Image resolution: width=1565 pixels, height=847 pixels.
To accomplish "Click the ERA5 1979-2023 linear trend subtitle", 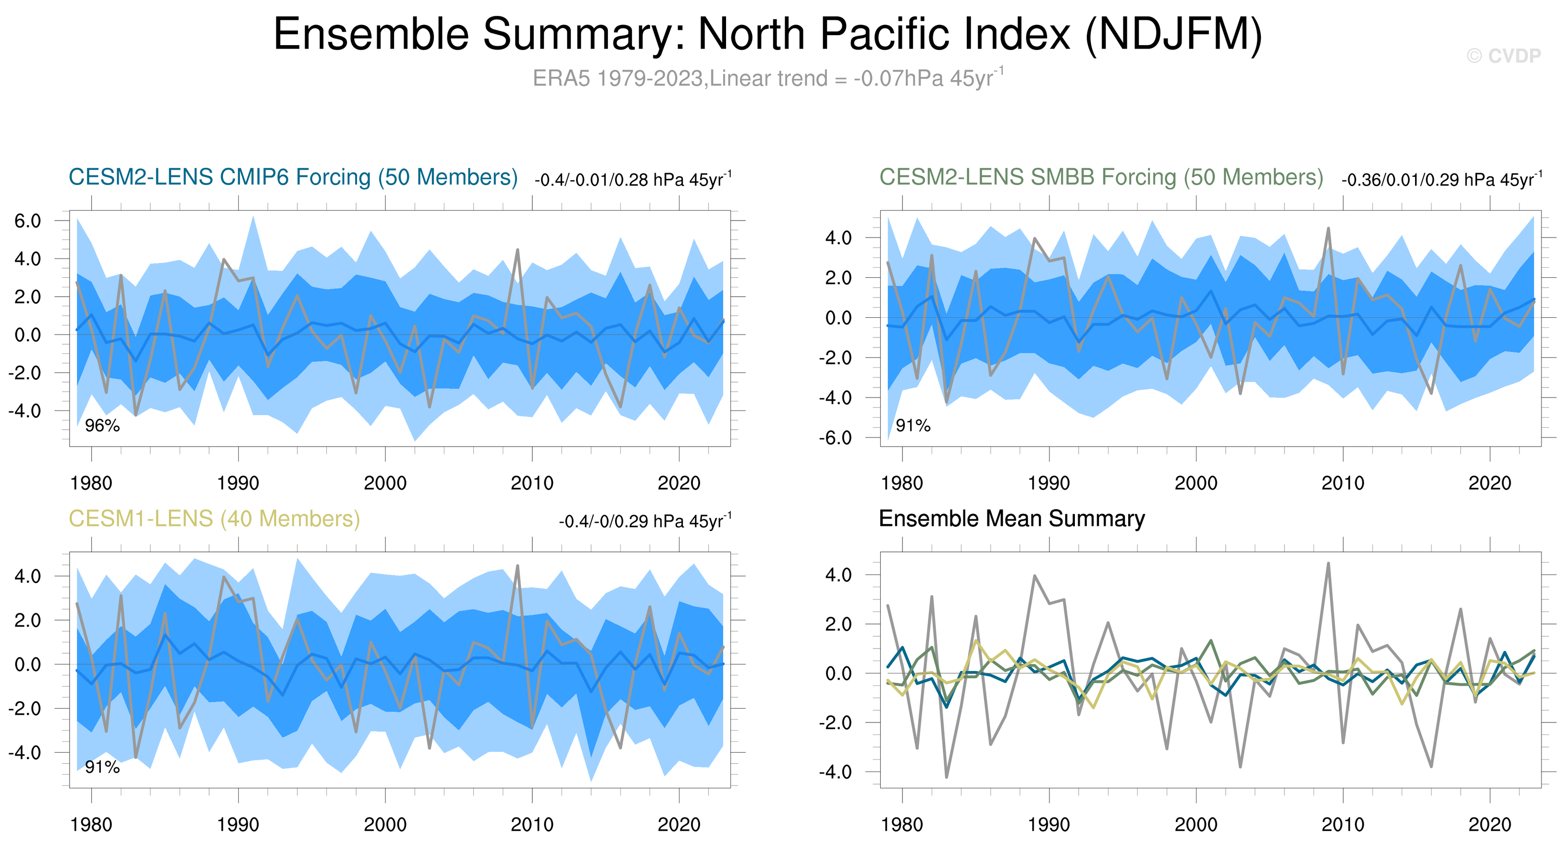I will click(x=768, y=78).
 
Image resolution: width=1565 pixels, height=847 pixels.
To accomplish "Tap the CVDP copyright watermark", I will click(x=1503, y=56).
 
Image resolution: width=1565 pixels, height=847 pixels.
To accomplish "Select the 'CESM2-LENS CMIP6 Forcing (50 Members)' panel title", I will click(x=293, y=177).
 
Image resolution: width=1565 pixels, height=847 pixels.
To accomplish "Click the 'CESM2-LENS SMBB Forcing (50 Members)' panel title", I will click(x=1101, y=177).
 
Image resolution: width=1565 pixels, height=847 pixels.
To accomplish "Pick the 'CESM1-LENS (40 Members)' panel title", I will click(x=214, y=519).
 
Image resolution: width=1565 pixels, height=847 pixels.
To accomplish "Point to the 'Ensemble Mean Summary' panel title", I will click(x=1011, y=519).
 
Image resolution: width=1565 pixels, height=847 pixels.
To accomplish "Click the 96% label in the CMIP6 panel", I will click(x=102, y=425).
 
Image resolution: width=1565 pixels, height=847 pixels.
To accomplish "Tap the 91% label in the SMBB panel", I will click(x=912, y=425).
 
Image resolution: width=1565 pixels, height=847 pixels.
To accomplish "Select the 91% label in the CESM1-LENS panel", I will click(x=102, y=767).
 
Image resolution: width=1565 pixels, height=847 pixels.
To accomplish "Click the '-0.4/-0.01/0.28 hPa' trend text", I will click(x=633, y=180).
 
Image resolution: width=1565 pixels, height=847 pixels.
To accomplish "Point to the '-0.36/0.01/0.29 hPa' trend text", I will click(x=1441, y=180).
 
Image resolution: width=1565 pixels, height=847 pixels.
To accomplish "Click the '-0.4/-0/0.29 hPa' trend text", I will click(x=645, y=522).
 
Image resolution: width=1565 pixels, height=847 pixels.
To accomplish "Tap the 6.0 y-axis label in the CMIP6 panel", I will click(x=28, y=221).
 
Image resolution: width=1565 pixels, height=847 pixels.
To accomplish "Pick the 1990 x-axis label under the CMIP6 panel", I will click(x=238, y=483).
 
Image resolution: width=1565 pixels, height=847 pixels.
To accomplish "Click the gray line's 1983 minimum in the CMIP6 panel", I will click(x=136, y=415).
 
